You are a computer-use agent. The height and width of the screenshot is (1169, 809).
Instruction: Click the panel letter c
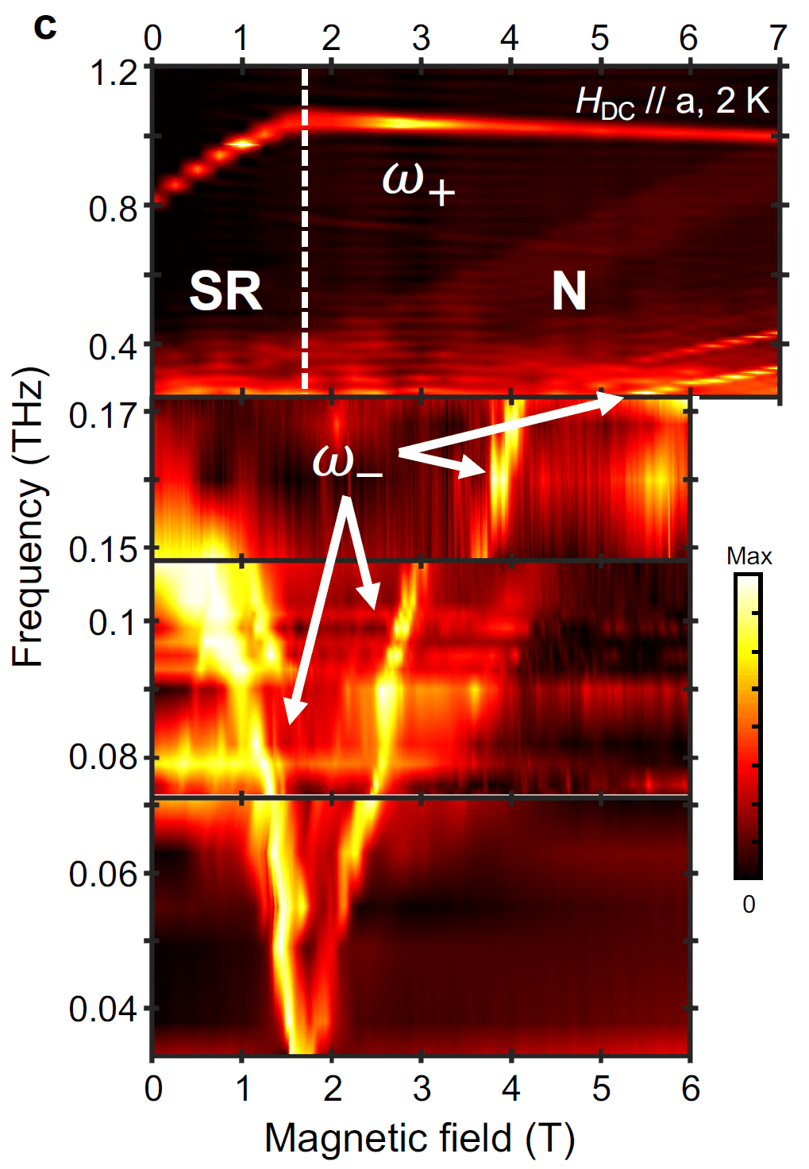[x=45, y=27]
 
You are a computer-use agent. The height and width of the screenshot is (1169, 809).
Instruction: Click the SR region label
[x=225, y=291]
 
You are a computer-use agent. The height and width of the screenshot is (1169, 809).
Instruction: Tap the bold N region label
[x=568, y=291]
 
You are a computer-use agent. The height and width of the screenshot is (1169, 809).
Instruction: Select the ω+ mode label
[x=418, y=181]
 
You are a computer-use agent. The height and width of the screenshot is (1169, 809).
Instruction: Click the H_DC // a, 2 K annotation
[x=672, y=102]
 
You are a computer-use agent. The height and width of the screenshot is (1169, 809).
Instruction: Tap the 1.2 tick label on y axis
[x=114, y=73]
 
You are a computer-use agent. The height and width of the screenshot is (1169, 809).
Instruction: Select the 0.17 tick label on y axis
[x=103, y=415]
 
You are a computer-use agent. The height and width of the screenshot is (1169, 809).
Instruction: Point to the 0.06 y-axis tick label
[x=103, y=874]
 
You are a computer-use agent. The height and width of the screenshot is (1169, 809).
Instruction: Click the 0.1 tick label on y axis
[x=114, y=622]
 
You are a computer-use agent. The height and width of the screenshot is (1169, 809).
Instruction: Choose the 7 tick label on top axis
[x=778, y=38]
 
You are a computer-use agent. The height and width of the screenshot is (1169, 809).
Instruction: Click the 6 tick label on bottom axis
[x=690, y=1089]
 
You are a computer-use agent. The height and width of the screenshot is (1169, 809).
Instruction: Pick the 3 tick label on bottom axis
[x=422, y=1089]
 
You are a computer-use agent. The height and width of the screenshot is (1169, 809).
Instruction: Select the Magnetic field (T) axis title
[x=420, y=1138]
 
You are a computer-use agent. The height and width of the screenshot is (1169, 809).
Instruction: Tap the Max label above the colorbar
[x=749, y=556]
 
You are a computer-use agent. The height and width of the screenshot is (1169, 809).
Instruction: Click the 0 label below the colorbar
[x=749, y=904]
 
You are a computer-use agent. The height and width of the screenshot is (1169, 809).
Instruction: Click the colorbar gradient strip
[x=748, y=726]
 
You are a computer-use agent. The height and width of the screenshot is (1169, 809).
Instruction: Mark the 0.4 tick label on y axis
[x=114, y=347]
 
